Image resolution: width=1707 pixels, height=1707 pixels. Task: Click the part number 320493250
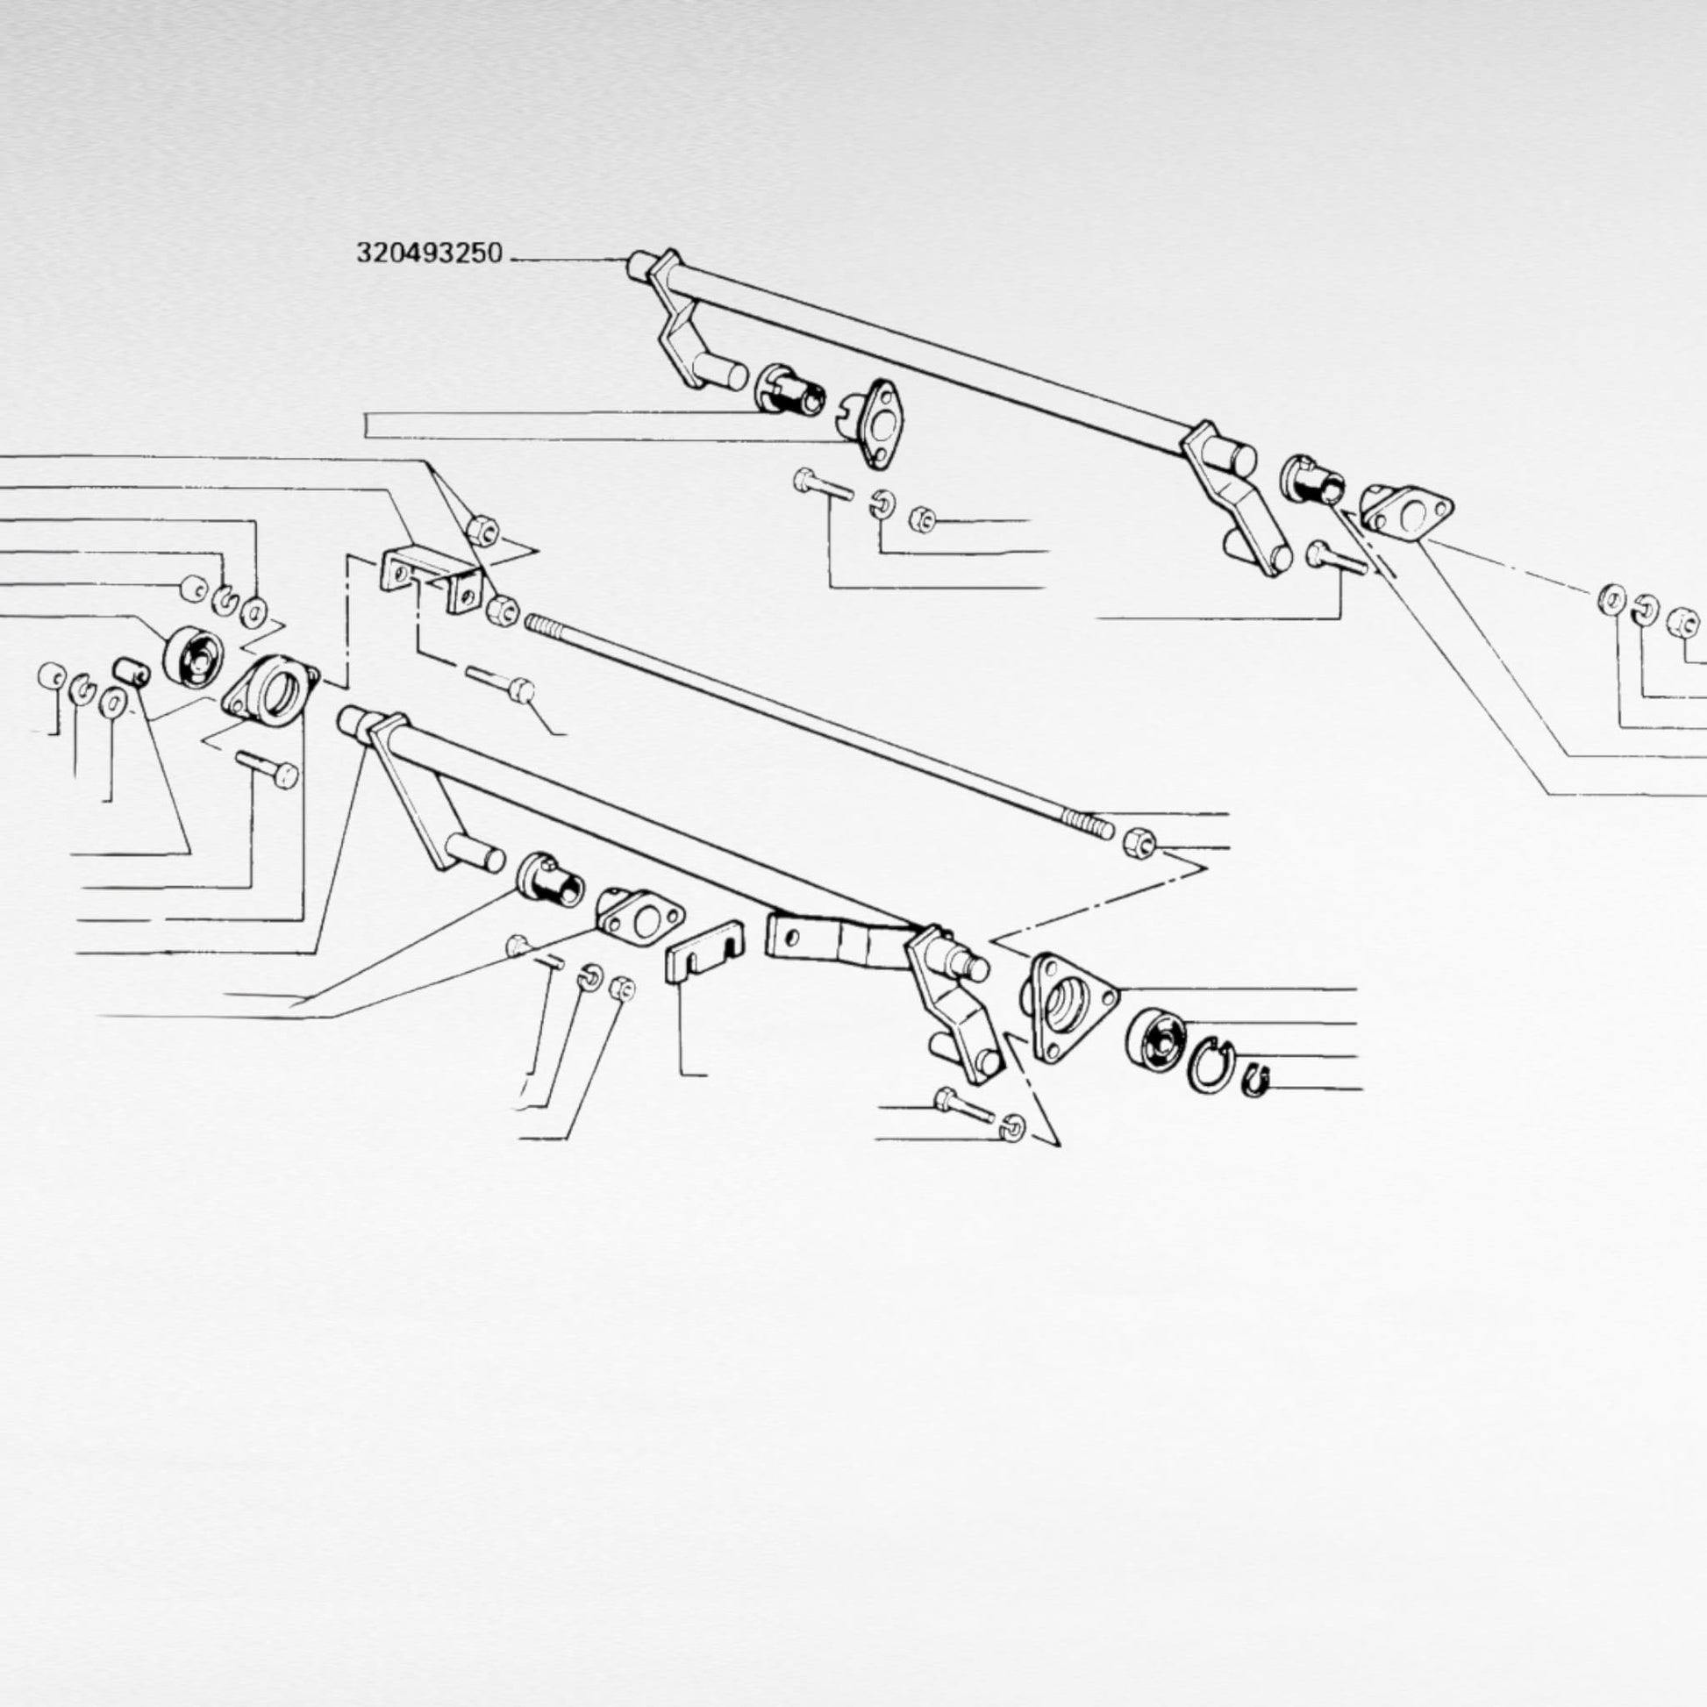[x=430, y=254]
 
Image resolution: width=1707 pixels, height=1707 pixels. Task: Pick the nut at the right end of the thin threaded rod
[x=1138, y=843]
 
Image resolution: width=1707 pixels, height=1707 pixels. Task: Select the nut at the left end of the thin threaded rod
[x=502, y=609]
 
